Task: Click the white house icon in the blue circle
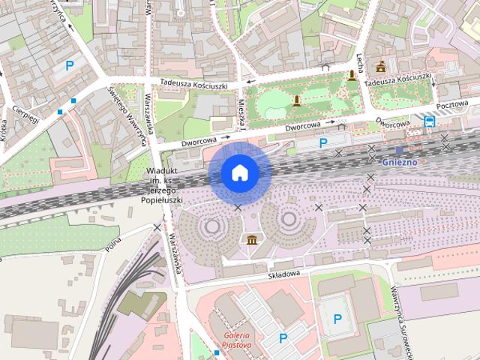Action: [x=240, y=172]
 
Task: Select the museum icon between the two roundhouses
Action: [x=252, y=239]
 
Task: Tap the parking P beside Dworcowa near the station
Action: [x=323, y=142]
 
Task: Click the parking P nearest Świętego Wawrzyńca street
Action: [x=70, y=65]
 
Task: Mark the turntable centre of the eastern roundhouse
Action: [x=289, y=220]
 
